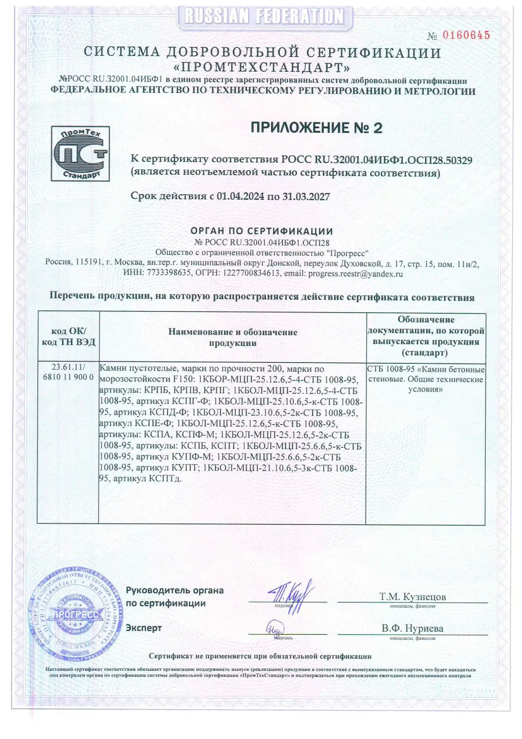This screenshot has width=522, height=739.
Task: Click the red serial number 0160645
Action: (466, 35)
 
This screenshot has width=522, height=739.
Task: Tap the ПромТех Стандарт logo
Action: (80, 153)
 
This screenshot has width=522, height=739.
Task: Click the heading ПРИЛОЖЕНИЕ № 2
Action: (316, 128)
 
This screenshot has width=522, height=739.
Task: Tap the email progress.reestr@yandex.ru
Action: (355, 274)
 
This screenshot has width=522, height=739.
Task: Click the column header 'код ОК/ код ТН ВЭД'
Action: (69, 336)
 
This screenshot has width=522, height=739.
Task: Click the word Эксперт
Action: (143, 628)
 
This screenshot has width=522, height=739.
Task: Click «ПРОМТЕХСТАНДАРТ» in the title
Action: (262, 67)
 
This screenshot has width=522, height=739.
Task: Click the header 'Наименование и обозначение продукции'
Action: (232, 337)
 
